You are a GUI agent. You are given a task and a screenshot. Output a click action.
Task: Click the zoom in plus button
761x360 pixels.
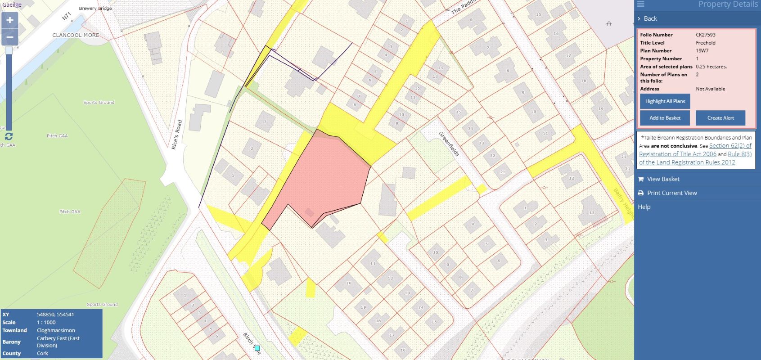point(9,20)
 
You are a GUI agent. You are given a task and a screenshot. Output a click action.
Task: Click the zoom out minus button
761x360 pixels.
point(9,37)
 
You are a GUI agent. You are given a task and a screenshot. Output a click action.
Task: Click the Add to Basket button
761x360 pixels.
point(665,118)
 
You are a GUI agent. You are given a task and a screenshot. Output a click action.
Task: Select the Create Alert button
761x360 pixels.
point(720,118)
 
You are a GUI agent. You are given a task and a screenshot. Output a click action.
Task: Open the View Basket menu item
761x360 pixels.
point(663,179)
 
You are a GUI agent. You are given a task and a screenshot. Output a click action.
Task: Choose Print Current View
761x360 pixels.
point(671,193)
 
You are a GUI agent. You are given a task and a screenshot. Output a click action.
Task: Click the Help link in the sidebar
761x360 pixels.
point(644,207)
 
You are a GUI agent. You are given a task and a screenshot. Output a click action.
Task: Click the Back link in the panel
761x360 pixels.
point(650,18)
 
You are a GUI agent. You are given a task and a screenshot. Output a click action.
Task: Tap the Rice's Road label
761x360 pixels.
point(176,134)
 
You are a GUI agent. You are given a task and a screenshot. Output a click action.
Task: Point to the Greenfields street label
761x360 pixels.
point(449,144)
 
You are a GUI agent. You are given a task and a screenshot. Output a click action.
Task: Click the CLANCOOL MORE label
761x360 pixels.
point(76,35)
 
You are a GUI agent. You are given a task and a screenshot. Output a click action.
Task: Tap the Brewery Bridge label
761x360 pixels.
point(95,9)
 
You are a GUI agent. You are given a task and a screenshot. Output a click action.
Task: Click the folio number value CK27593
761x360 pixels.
point(705,35)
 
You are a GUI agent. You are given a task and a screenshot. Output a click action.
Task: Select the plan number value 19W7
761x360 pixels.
point(702,51)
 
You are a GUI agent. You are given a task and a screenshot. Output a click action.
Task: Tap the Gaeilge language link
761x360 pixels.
point(12,5)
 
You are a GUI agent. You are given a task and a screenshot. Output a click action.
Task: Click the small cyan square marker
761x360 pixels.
point(257,348)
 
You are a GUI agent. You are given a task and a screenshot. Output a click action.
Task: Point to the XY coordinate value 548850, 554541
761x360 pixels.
point(55,315)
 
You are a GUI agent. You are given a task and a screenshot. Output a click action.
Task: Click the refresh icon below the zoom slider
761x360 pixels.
point(9,136)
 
